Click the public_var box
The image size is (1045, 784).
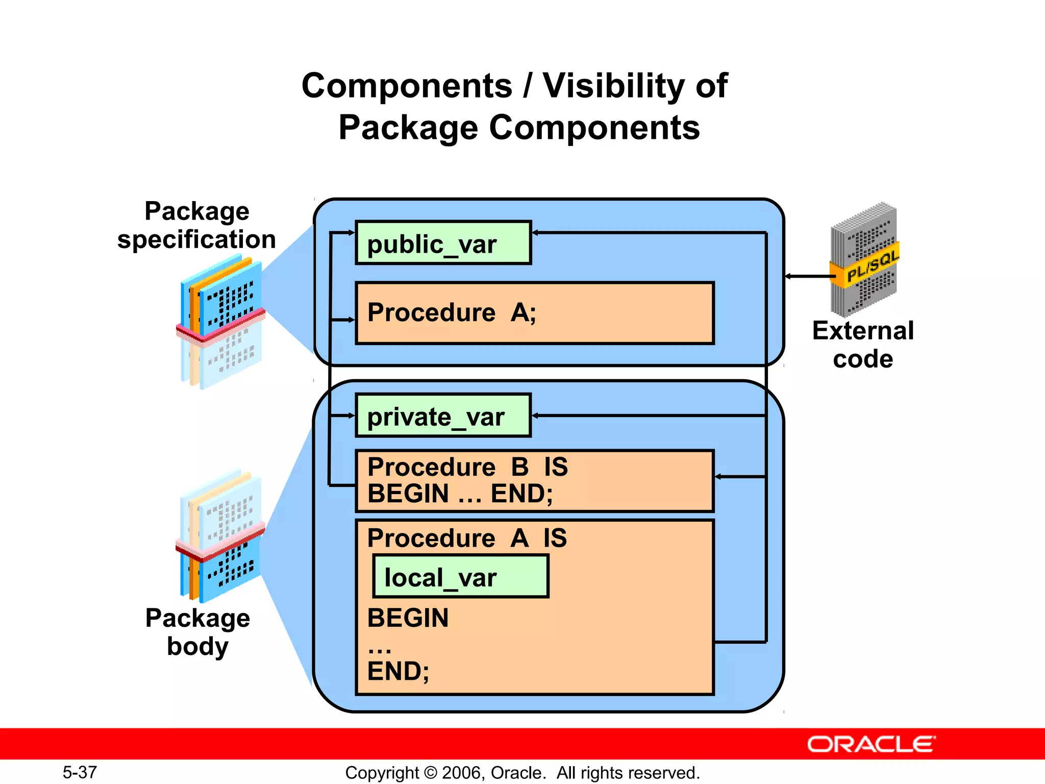[x=443, y=243]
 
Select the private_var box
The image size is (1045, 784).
[x=443, y=415]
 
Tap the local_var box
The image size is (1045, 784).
[x=460, y=577]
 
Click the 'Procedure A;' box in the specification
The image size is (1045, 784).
[x=534, y=313]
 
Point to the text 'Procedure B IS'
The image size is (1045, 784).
[x=467, y=467]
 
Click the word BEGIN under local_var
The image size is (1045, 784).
[x=408, y=618]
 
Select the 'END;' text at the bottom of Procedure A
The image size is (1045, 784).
[x=398, y=671]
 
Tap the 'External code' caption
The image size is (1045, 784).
[x=863, y=345]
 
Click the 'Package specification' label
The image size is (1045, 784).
[x=196, y=225]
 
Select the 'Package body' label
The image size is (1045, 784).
[x=197, y=632]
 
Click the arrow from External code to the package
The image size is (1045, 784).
[x=809, y=276]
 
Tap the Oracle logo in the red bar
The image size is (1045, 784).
[x=870, y=744]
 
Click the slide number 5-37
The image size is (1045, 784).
[x=80, y=772]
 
